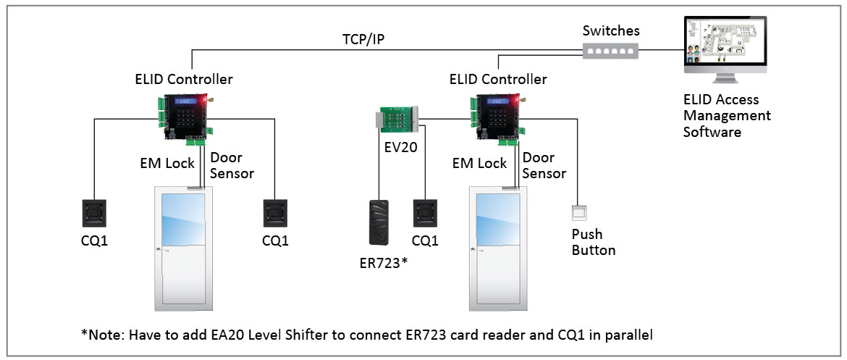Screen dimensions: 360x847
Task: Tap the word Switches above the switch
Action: tap(612, 32)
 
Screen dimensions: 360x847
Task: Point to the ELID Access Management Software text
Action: tap(727, 116)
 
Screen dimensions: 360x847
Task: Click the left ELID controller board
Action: tap(183, 116)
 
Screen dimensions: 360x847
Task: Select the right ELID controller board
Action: tap(497, 116)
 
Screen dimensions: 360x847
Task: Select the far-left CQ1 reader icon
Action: tap(95, 215)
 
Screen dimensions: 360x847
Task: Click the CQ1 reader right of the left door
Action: tap(275, 215)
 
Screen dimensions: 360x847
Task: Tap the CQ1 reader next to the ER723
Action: tap(425, 215)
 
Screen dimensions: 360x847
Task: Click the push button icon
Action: tap(578, 212)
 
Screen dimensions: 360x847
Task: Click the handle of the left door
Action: tap(160, 251)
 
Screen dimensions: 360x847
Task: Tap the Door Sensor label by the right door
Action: tap(544, 165)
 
